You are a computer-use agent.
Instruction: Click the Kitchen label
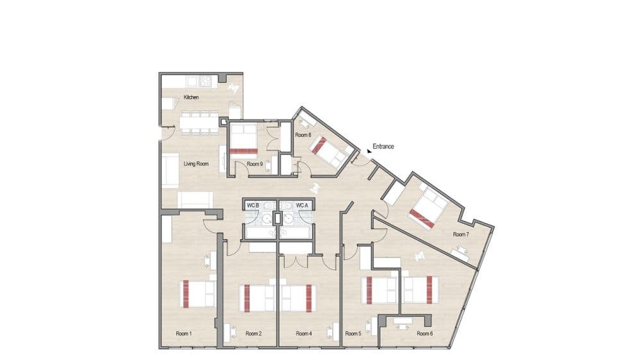point(191,97)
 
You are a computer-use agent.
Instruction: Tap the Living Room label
point(196,164)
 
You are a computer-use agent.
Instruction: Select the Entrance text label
point(383,146)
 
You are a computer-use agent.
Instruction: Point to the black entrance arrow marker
point(369,151)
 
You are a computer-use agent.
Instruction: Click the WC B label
point(253,205)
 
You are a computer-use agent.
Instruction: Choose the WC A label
point(302,205)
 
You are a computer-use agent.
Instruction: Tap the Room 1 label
point(183,334)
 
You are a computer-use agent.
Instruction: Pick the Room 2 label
point(253,334)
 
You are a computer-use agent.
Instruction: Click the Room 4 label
point(304,334)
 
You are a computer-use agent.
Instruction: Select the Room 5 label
point(353,334)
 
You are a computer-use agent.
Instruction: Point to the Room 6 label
point(425,334)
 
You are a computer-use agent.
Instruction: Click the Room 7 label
point(461,234)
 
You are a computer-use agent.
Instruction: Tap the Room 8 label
point(303,135)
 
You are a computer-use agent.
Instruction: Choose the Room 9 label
point(254,164)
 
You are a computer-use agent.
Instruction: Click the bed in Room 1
point(198,293)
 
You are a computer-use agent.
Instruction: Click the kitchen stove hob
point(206,81)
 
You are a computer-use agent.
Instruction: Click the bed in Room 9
point(244,139)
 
